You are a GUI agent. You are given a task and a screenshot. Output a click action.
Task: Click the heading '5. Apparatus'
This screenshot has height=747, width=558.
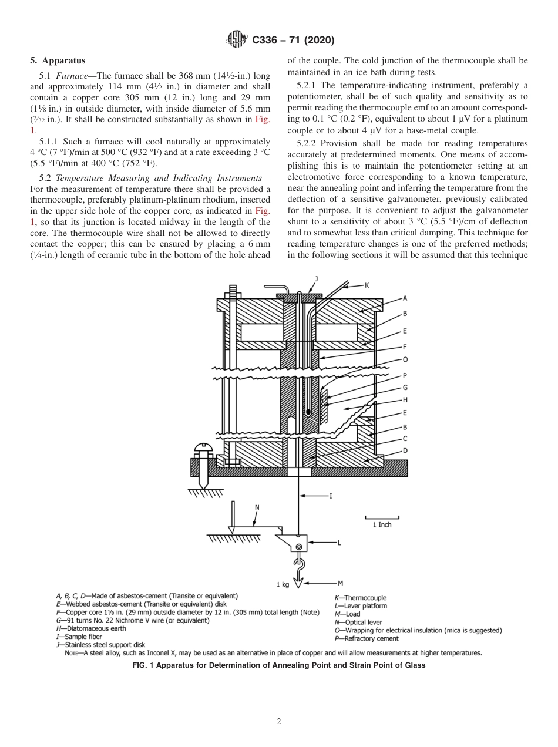(x=58, y=60)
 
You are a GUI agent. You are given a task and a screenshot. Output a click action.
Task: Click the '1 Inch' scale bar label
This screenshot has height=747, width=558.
(x=382, y=524)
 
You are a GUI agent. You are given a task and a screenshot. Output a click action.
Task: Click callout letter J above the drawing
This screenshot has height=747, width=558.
(x=316, y=278)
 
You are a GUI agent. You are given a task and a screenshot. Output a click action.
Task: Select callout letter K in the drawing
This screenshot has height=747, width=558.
(x=367, y=285)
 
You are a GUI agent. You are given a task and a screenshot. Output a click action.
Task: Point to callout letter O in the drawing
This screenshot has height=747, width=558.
(x=405, y=359)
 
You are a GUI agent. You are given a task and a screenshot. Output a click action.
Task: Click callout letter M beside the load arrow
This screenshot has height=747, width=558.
(x=340, y=583)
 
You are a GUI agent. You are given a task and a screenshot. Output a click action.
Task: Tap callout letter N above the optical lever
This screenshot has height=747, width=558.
(x=257, y=506)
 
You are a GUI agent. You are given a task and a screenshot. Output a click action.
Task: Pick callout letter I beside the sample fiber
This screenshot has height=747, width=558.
(x=331, y=496)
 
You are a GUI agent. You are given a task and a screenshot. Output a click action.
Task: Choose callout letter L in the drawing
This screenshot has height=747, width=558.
(x=338, y=543)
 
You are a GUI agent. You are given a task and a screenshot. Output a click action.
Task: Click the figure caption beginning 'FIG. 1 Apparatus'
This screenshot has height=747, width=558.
(x=278, y=665)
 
